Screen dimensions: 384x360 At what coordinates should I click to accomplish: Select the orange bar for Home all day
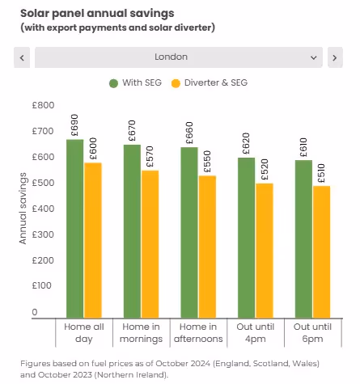tap(93, 239)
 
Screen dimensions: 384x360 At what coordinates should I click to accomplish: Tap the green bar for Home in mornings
tap(131, 230)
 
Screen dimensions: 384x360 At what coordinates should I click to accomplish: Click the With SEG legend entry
tap(138, 82)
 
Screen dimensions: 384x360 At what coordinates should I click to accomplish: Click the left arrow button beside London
tap(22, 57)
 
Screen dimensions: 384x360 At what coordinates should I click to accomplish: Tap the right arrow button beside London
tap(335, 57)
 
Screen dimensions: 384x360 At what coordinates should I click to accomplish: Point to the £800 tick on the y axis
tap(43, 105)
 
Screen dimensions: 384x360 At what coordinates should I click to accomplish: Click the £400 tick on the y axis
tap(43, 209)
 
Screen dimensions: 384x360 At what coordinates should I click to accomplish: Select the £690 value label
tap(74, 125)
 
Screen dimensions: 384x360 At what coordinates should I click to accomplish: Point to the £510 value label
tap(321, 173)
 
